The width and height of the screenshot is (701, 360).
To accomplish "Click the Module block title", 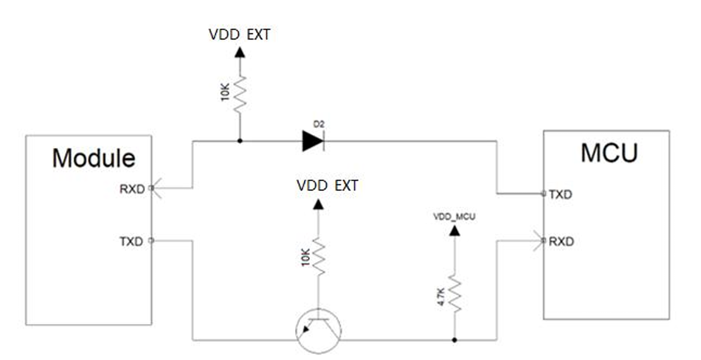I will click(93, 158).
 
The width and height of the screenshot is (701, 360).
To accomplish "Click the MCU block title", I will click(609, 153).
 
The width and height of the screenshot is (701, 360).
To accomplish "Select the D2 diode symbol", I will click(313, 141).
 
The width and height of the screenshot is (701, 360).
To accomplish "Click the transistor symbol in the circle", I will click(318, 328).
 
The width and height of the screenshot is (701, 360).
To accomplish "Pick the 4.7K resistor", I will click(455, 294).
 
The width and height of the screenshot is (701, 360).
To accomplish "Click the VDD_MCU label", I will click(454, 216).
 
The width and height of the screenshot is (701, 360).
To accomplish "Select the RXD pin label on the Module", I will click(132, 189).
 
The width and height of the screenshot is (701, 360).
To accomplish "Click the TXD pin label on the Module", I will click(132, 241).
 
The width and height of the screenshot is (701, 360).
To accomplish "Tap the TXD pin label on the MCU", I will click(560, 194).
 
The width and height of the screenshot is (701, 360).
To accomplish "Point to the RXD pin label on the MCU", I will click(561, 241).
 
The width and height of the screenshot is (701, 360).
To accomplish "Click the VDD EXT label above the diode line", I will click(240, 35).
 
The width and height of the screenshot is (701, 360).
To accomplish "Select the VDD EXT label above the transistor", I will click(327, 185).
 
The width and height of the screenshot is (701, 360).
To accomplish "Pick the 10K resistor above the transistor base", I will click(318, 257).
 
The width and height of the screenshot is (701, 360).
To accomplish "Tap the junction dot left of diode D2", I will click(240, 141).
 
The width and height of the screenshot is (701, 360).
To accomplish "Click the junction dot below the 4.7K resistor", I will click(455, 340).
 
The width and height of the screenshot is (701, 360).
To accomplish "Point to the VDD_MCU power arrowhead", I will click(454, 229).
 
